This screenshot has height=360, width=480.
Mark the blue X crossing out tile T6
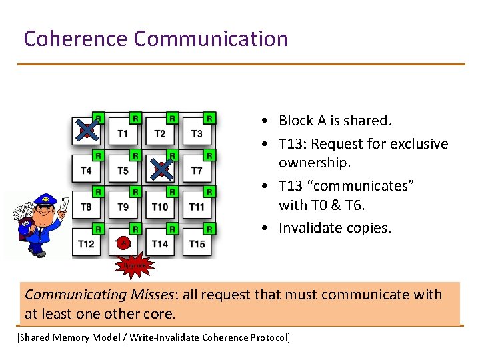pyautogui.click(x=161, y=168)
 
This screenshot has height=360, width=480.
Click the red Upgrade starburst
pyautogui.click(x=133, y=265)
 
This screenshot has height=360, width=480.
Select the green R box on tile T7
pyautogui.click(x=209, y=156)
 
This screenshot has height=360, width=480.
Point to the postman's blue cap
pyautogui.click(x=46, y=199)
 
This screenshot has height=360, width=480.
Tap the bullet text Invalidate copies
pyautogui.click(x=334, y=228)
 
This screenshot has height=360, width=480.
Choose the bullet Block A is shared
pyautogui.click(x=335, y=121)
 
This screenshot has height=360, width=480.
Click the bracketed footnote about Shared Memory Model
pyautogui.click(x=153, y=337)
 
